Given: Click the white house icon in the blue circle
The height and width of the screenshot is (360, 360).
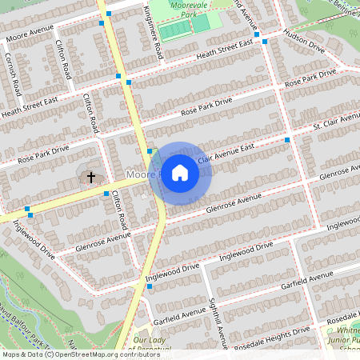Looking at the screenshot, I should pos(180,173).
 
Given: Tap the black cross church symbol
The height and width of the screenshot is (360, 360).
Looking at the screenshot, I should pos(90,176).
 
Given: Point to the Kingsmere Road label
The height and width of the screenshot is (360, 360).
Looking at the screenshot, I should pos(153,29).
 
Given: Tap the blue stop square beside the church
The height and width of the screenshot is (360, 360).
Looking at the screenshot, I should pos(106,194).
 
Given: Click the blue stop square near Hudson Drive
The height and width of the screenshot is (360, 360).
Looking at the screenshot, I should pos(256,34).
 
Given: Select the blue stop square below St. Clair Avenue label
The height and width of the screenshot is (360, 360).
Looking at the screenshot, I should pos(286,140).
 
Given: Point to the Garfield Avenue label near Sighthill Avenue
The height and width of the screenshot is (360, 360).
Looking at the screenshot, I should pos(182,307).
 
